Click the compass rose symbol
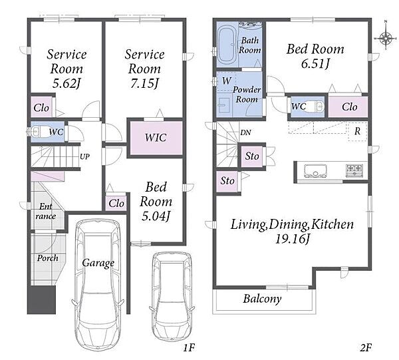click(x=386, y=38)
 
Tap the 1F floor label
click(x=189, y=348)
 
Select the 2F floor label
click(x=366, y=348)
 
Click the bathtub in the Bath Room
click(x=227, y=45)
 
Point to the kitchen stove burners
click(x=354, y=169)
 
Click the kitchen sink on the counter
click(x=315, y=170)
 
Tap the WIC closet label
click(x=156, y=138)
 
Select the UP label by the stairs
click(x=84, y=156)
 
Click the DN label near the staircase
click(x=245, y=132)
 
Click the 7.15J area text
click(x=144, y=84)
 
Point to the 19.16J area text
click(x=293, y=240)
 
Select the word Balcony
click(x=263, y=299)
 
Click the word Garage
click(x=98, y=264)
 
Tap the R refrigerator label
click(x=358, y=131)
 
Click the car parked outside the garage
click(x=172, y=297)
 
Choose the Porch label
click(x=48, y=258)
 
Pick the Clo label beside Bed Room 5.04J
click(x=116, y=204)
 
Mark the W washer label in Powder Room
click(x=227, y=81)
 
